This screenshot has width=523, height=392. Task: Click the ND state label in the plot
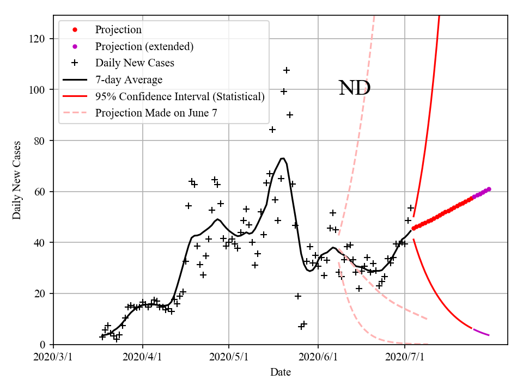355,88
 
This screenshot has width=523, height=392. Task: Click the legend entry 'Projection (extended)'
144,46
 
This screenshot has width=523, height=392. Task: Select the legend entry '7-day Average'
129,80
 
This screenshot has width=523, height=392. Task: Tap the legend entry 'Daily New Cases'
135,63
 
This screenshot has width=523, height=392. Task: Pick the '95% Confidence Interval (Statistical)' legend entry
180,97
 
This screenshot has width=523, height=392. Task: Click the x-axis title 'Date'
281,373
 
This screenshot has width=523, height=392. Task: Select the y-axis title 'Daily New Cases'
17,180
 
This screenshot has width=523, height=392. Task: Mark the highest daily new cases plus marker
287,70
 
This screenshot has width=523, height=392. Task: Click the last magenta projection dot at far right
489,189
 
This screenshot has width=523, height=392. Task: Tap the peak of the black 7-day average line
283,158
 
